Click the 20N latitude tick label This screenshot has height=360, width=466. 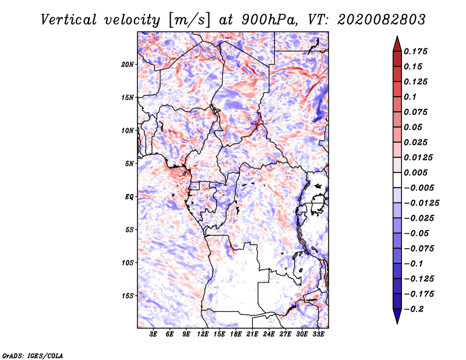(128, 64)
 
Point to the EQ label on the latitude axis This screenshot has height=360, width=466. (129, 197)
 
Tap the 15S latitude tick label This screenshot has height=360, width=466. (128, 296)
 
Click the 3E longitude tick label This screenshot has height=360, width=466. (154, 334)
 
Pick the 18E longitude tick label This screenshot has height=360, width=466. (236, 334)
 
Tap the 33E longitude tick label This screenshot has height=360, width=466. (318, 334)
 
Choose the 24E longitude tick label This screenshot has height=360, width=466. (269, 334)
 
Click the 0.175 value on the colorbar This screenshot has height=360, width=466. (416, 52)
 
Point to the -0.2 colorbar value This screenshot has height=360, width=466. (414, 309)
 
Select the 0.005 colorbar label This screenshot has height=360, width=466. (416, 173)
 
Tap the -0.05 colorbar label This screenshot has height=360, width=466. (416, 233)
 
